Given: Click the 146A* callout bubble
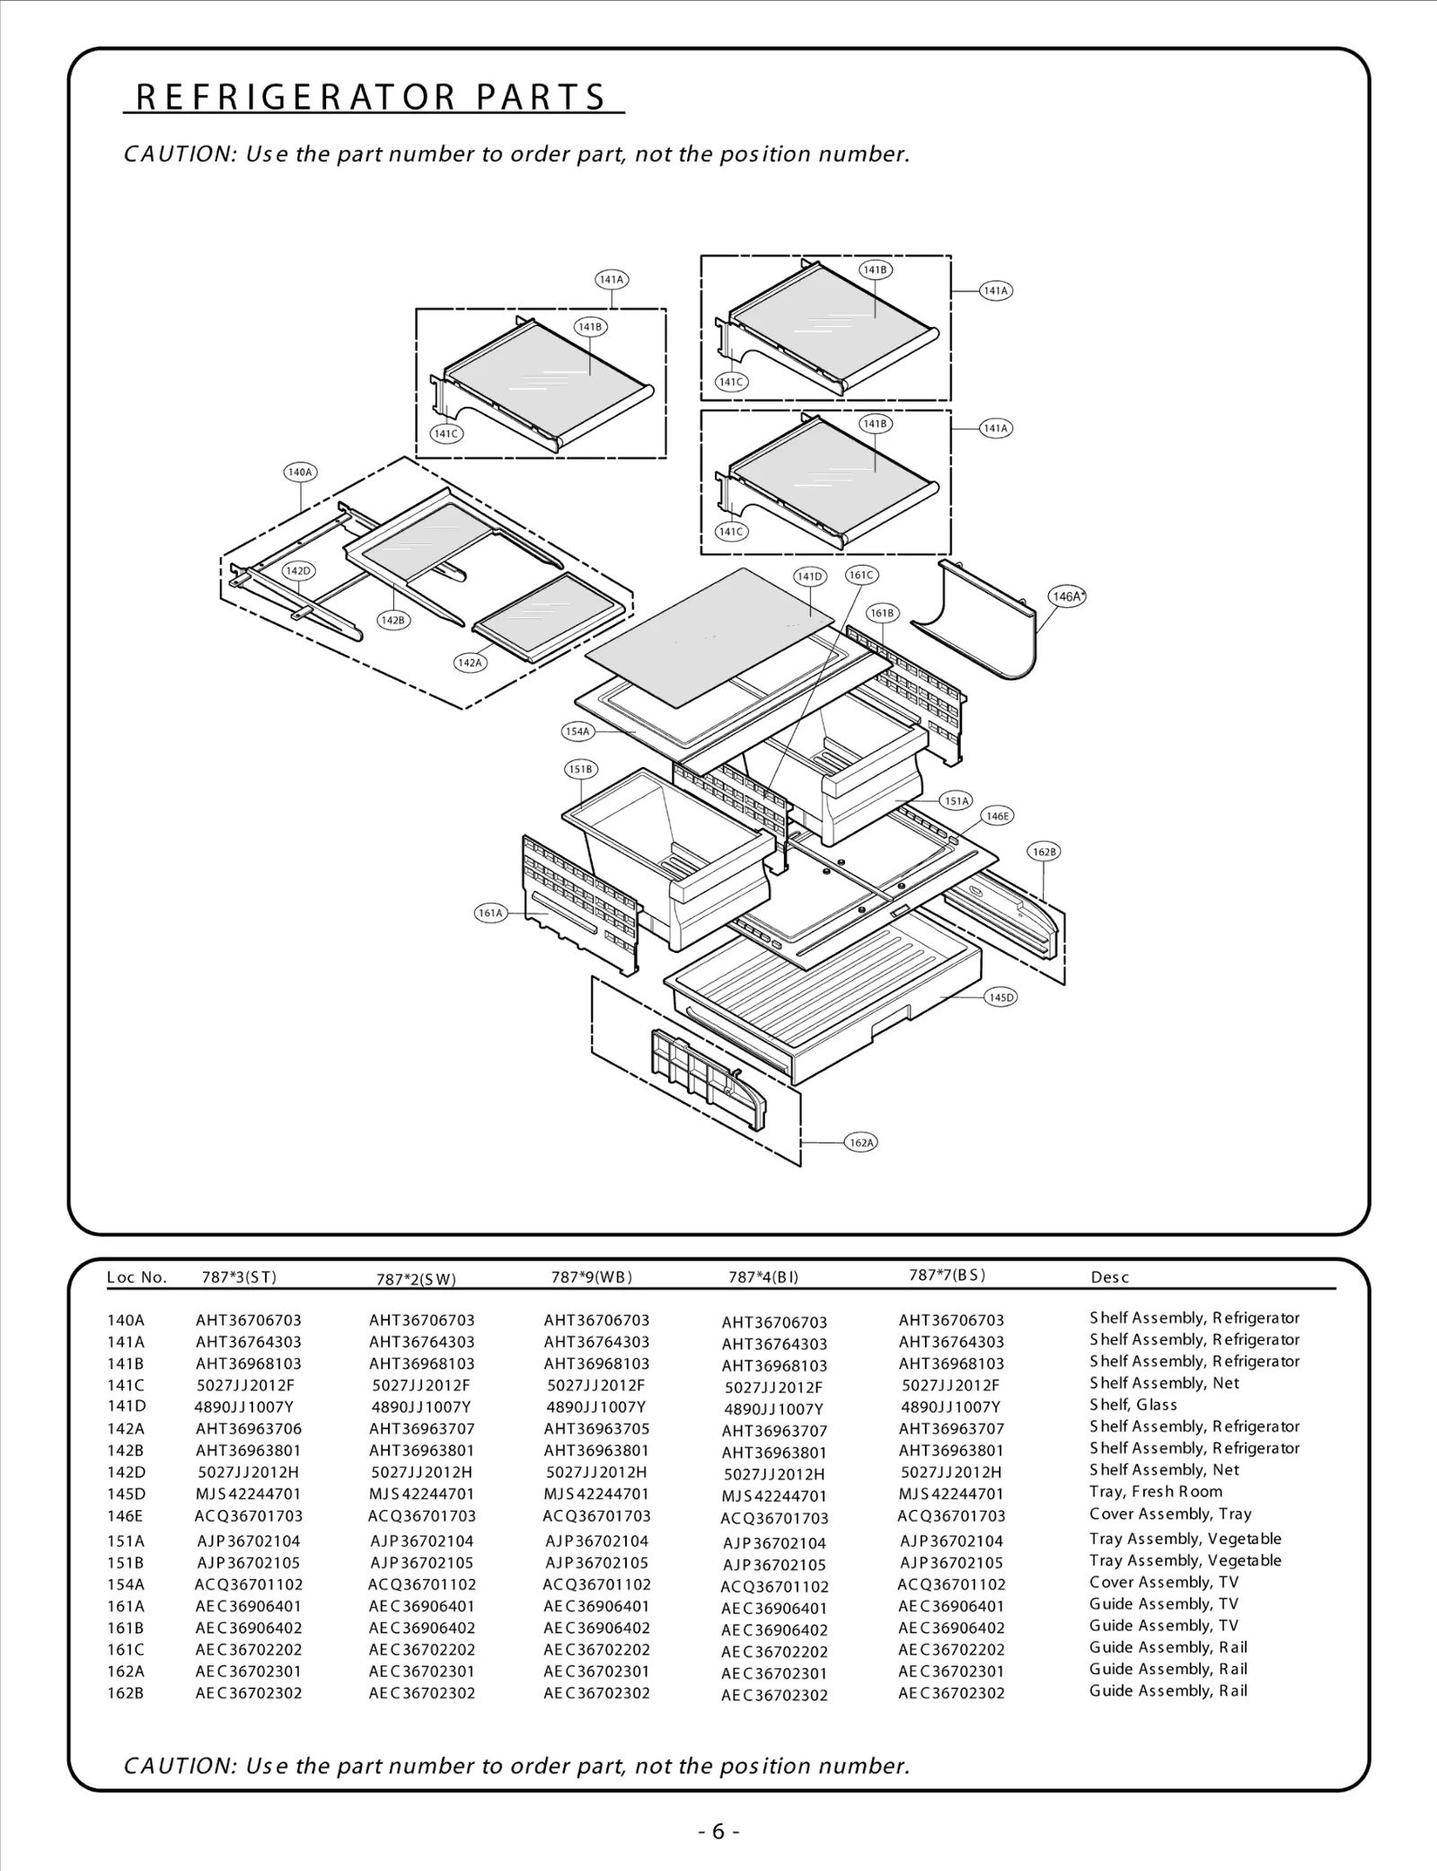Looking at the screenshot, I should click(1067, 596).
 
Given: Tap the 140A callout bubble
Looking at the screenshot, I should click(299, 472).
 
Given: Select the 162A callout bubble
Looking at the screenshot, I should click(860, 1143).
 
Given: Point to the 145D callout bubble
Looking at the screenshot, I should click(1001, 997).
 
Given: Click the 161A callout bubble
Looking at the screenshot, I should click(490, 913).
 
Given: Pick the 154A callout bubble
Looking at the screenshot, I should click(577, 731).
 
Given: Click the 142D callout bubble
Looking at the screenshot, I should click(297, 571).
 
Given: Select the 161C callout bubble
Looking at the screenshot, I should click(861, 575).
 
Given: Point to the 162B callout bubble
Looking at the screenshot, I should click(1044, 852).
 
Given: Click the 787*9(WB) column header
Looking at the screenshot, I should click(592, 1276).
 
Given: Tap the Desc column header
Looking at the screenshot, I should click(1109, 1277).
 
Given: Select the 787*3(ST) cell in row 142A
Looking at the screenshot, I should click(249, 1428).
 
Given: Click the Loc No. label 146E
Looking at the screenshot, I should click(125, 1516).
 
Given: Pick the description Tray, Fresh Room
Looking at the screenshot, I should click(1156, 1492).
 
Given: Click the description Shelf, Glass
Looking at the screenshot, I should click(1133, 1405).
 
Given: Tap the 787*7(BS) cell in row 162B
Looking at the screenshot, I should click(951, 1693).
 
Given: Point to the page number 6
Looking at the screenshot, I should click(718, 1831).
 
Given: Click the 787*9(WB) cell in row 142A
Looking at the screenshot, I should click(596, 1428).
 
